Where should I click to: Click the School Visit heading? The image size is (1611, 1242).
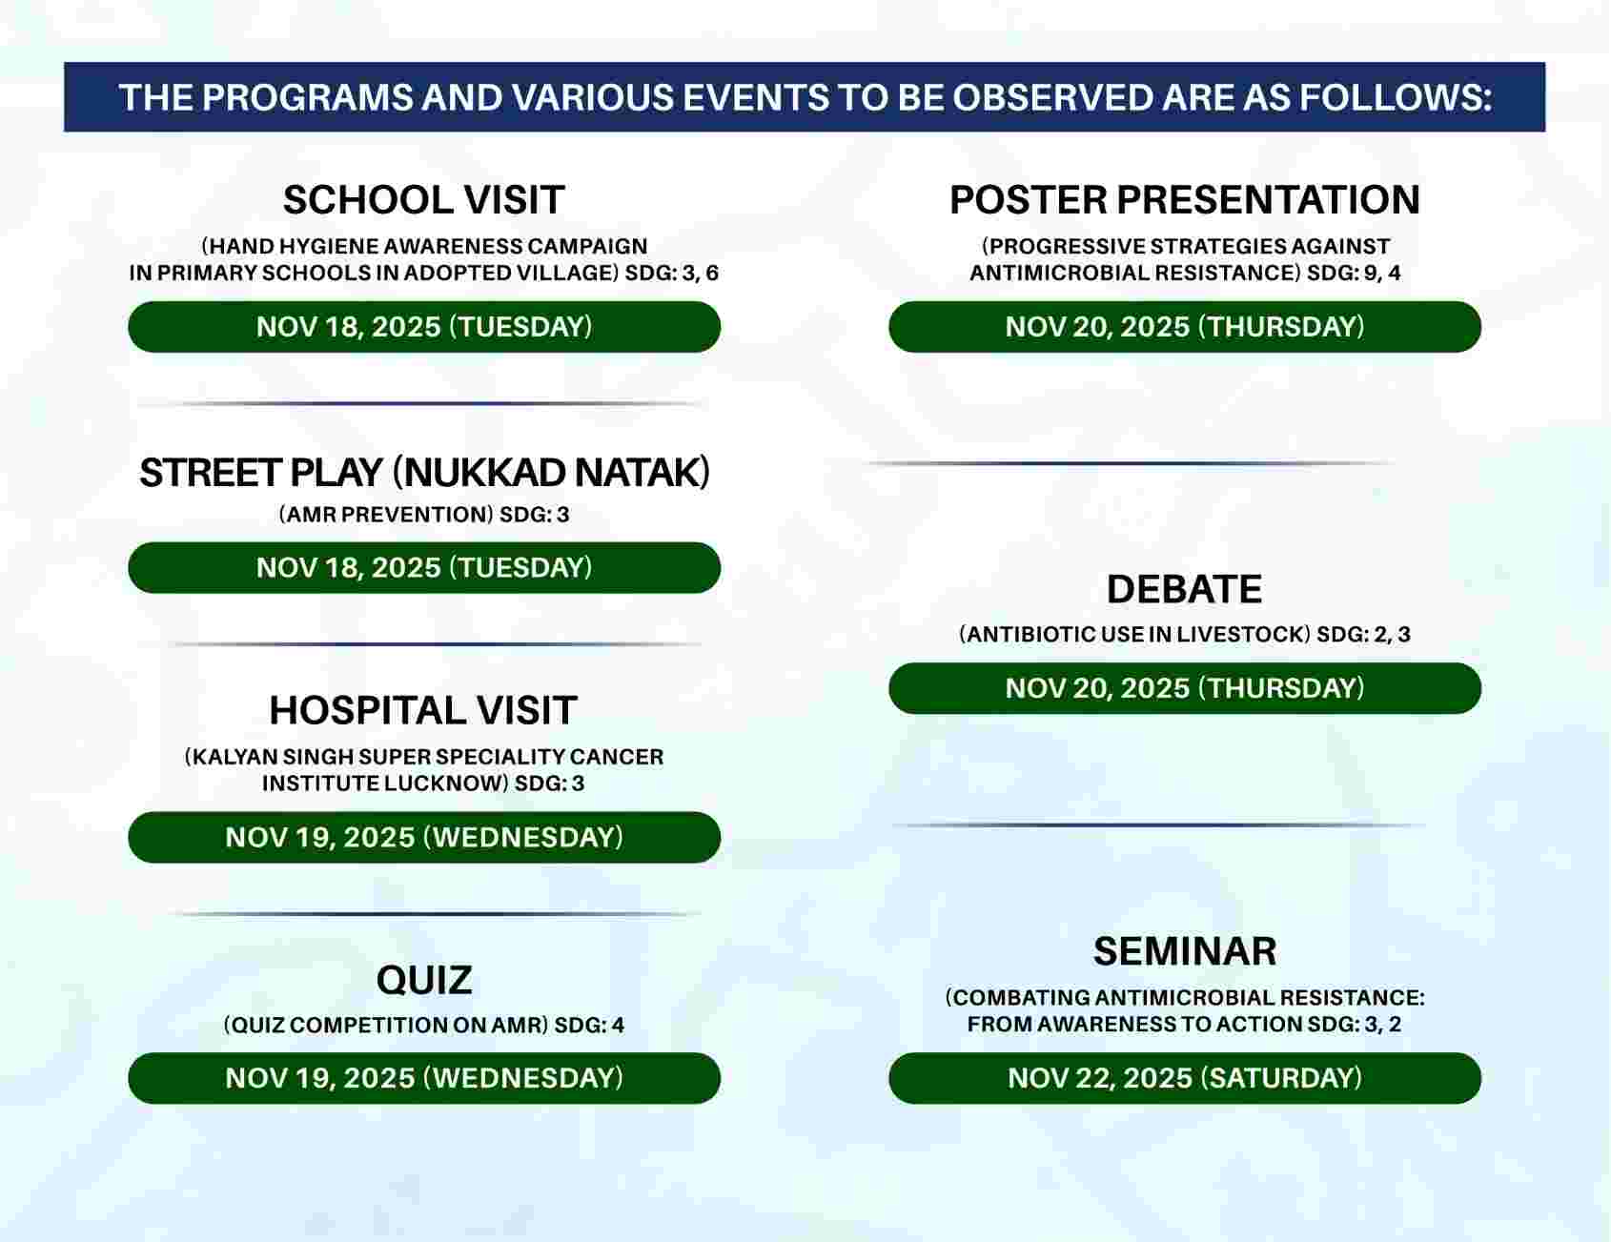point(423,200)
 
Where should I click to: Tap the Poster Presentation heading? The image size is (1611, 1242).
point(1185,200)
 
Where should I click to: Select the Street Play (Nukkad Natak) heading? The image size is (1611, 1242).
point(424,473)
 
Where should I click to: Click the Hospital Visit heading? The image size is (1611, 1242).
point(423,710)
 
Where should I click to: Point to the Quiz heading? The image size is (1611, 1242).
point(424,980)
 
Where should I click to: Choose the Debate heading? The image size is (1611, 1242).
point(1184,589)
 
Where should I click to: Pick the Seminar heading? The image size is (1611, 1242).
point(1185,951)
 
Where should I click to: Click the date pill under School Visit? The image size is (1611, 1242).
point(424,327)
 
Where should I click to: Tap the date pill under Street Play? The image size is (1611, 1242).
point(424,568)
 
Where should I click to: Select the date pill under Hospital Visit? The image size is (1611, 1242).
point(424,838)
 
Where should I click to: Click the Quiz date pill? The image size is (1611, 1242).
point(424,1078)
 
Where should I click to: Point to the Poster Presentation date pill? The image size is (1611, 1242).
point(1185,327)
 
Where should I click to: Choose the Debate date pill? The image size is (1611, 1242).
point(1185,688)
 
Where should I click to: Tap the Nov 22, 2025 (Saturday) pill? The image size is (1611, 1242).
point(1185,1078)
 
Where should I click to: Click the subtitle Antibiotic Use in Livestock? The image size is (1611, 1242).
point(1134,635)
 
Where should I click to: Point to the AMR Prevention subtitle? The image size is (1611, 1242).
point(386,515)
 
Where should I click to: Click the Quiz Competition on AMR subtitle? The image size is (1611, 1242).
point(386,1026)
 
